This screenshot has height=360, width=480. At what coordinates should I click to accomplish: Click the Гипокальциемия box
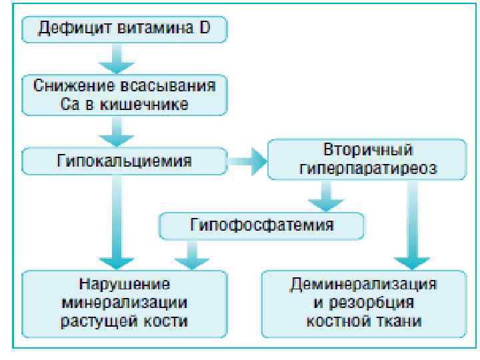tap(123, 160)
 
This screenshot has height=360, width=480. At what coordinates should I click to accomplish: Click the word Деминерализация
tap(363, 283)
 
